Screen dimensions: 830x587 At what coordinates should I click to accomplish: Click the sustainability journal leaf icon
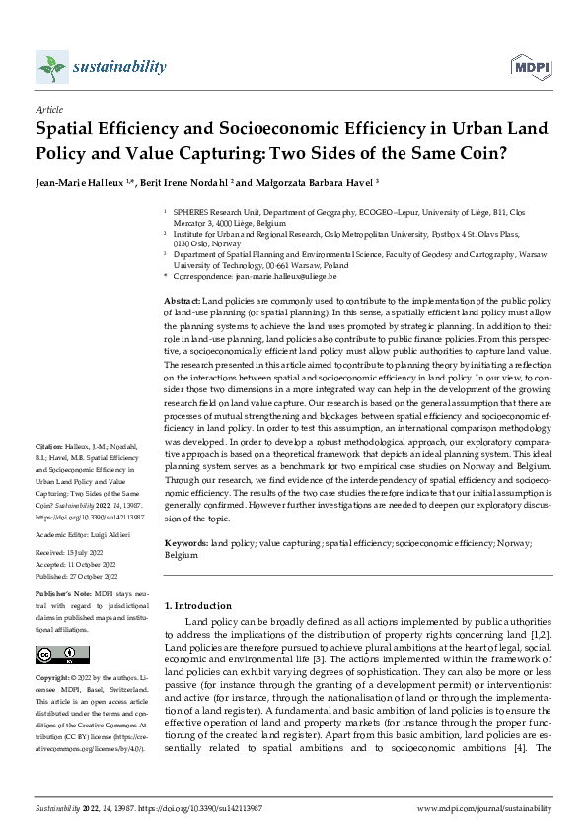coord(50,67)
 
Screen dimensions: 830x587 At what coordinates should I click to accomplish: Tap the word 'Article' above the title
coord(49,111)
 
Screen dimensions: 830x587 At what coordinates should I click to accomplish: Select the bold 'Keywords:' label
coord(185,543)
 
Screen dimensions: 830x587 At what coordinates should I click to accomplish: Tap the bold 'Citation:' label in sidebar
coord(50,473)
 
